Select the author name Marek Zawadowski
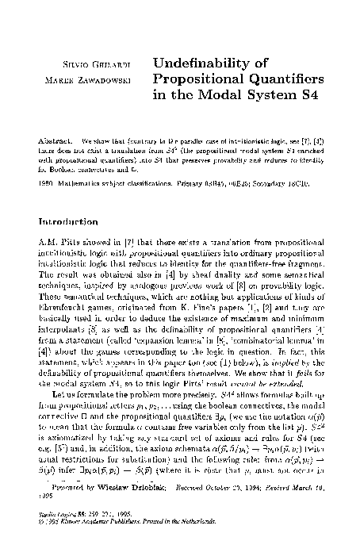[101, 79]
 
